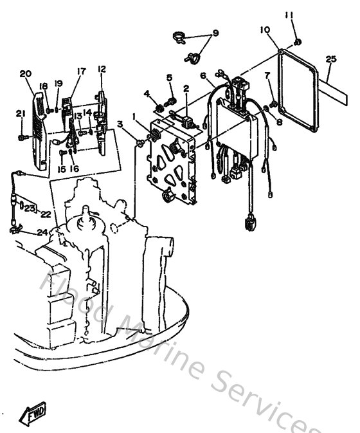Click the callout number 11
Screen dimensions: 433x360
point(289,15)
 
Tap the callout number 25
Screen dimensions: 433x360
point(330,59)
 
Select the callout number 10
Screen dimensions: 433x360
point(265,30)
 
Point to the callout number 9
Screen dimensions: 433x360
point(215,33)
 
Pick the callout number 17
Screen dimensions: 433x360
point(82,71)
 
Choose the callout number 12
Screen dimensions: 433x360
point(102,69)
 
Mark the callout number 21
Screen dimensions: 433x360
point(20,114)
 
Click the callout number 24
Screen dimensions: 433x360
point(42,232)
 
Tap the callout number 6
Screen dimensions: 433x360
point(203,76)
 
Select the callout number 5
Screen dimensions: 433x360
point(170,77)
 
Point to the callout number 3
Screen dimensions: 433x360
point(120,124)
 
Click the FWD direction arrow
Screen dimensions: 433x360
point(33,417)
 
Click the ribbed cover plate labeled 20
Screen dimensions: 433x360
point(37,125)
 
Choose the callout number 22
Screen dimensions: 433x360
point(46,214)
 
